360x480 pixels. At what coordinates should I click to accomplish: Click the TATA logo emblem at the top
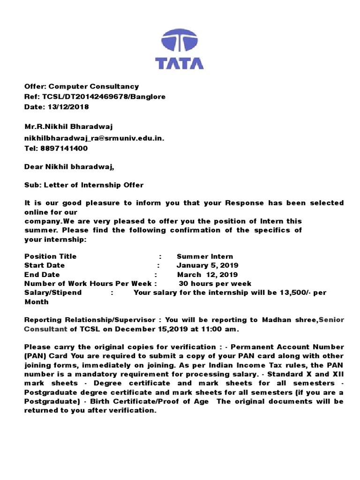click(180, 40)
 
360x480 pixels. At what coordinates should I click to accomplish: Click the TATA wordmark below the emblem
click(180, 63)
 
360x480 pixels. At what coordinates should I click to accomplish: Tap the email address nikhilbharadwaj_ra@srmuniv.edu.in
click(94, 138)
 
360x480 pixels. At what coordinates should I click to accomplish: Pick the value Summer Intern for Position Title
click(205, 256)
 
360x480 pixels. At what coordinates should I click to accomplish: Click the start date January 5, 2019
click(208, 266)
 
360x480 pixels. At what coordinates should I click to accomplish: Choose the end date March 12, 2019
click(208, 275)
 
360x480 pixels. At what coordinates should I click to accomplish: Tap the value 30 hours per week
click(215, 284)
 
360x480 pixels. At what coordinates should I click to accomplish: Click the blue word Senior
click(331, 320)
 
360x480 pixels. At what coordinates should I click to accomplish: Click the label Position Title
click(50, 256)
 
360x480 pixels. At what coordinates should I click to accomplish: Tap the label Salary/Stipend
click(53, 292)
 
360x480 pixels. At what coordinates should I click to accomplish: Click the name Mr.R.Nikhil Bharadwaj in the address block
click(68, 127)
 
